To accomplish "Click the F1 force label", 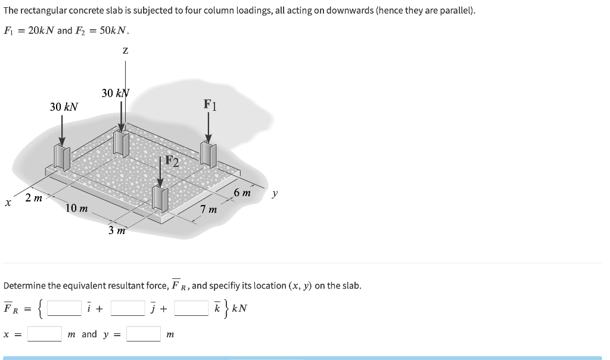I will tap(210, 105).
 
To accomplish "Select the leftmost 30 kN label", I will tap(64, 107).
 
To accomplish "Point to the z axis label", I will tap(125, 52).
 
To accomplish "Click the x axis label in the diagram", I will tap(8, 203).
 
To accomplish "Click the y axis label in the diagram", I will tap(274, 193).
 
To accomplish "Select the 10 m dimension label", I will tap(77, 208).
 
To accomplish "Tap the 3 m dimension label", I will tap(117, 231).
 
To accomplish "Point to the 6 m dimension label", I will tap(242, 193).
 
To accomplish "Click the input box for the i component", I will tap(64, 308).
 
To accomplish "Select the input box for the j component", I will tap(127, 308).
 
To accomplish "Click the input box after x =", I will tap(45, 334).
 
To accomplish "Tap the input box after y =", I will tap(143, 334).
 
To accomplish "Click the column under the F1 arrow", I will tap(208, 154).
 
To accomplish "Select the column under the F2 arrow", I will tap(160, 198).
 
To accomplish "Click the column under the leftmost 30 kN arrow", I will tap(63, 157).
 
